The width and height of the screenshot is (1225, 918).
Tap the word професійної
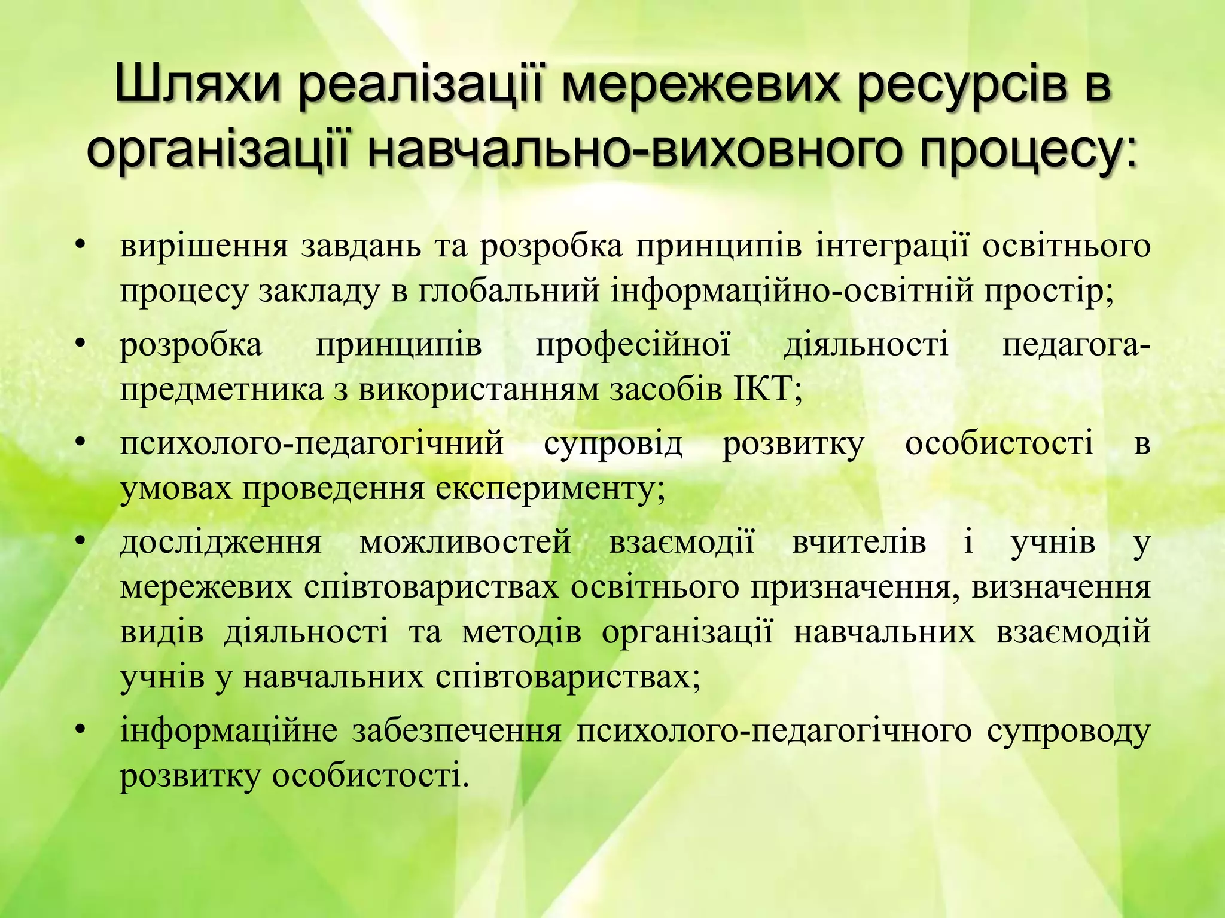click(633, 347)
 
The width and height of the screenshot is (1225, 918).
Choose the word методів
click(521, 632)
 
